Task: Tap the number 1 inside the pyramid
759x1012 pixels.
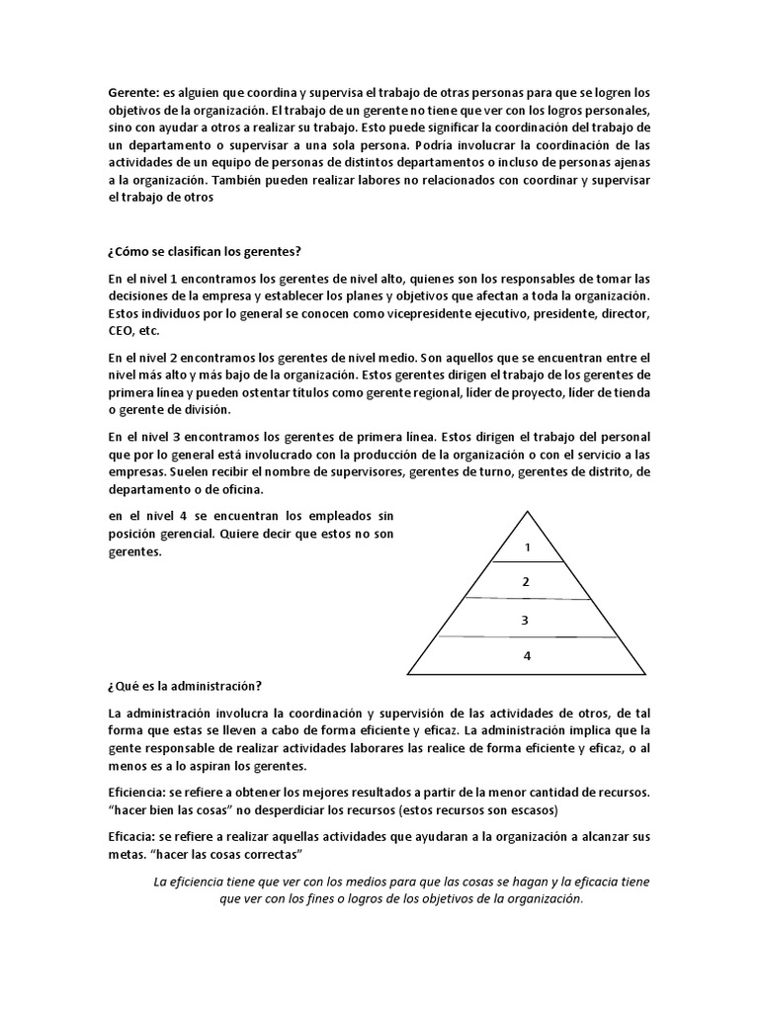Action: [528, 547]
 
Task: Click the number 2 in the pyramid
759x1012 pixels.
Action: [527, 582]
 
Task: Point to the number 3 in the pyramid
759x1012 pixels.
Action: [526, 620]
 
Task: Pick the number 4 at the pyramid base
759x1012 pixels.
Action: [527, 655]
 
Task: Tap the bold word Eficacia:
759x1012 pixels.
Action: [134, 836]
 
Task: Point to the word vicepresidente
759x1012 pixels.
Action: [387, 314]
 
